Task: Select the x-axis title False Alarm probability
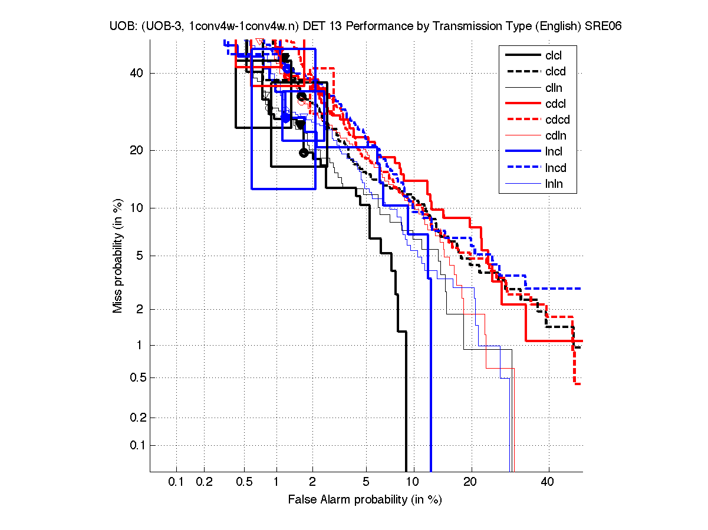(x=365, y=500)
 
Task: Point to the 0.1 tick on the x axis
(x=176, y=482)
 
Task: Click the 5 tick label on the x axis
(x=365, y=482)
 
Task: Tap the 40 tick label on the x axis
(x=548, y=482)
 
